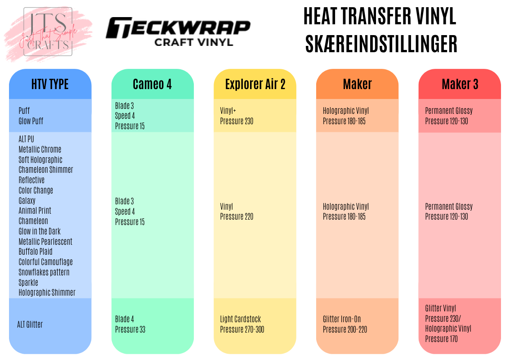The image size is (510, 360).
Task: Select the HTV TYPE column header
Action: coord(50,84)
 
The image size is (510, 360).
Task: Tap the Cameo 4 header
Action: coord(152,84)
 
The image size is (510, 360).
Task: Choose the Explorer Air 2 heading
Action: coord(255,84)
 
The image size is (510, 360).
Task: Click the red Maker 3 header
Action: coord(460,84)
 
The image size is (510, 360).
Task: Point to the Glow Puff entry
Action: coord(31,121)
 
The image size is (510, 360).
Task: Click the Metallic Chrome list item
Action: coord(40,149)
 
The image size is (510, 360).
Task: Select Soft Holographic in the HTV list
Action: coord(40,160)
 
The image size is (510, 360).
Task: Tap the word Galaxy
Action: coord(27,201)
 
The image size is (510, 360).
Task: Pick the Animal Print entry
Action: coord(35,211)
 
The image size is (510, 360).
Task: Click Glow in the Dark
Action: coord(40,231)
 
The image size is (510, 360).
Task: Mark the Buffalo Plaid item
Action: coord(36,252)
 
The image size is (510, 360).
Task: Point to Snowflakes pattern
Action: coord(44,272)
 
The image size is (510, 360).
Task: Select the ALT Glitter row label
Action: coord(30,324)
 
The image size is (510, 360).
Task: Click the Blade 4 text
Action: coord(125,319)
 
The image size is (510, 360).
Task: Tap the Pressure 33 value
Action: coord(130,329)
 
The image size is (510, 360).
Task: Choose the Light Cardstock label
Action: coord(241,319)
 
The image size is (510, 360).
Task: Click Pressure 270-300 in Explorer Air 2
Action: coord(242,329)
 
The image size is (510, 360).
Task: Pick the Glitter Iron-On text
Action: coord(342,319)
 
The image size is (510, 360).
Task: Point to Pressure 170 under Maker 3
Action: coord(441,339)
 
